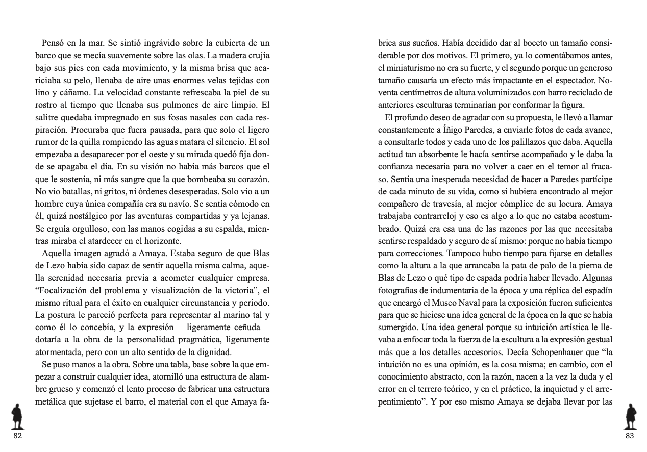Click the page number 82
coord(18,436)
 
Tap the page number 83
coord(629,436)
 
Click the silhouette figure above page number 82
coord(18,416)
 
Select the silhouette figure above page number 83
coord(631,416)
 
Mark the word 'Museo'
coord(447,302)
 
